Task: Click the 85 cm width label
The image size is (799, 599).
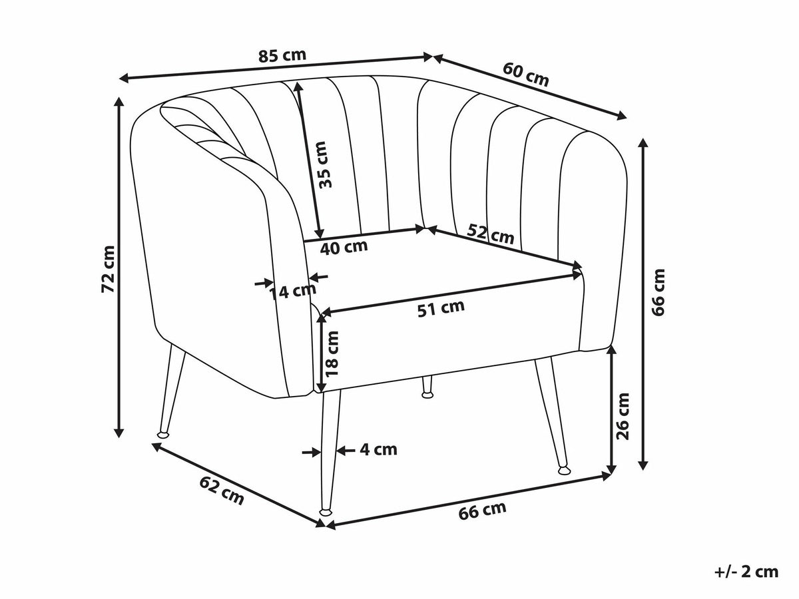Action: [282, 56]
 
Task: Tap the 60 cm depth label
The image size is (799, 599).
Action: [525, 75]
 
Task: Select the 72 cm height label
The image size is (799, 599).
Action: [109, 269]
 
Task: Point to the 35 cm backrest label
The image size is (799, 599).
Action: [325, 164]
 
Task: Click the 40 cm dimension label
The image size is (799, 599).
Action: [344, 248]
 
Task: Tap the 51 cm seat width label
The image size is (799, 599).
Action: [441, 308]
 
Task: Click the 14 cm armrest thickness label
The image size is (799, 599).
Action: [292, 292]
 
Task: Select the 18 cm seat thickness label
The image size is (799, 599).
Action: [332, 354]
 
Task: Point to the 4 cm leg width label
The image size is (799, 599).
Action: [379, 450]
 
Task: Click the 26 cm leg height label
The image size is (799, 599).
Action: [622, 416]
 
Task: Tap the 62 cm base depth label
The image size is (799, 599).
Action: [222, 491]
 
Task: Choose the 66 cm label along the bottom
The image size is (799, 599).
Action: [482, 510]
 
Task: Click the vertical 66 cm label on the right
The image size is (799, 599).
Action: [658, 292]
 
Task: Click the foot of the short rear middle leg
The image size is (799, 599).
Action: [427, 394]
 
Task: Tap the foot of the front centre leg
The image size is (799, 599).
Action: [326, 512]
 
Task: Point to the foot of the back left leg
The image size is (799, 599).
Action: [163, 434]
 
